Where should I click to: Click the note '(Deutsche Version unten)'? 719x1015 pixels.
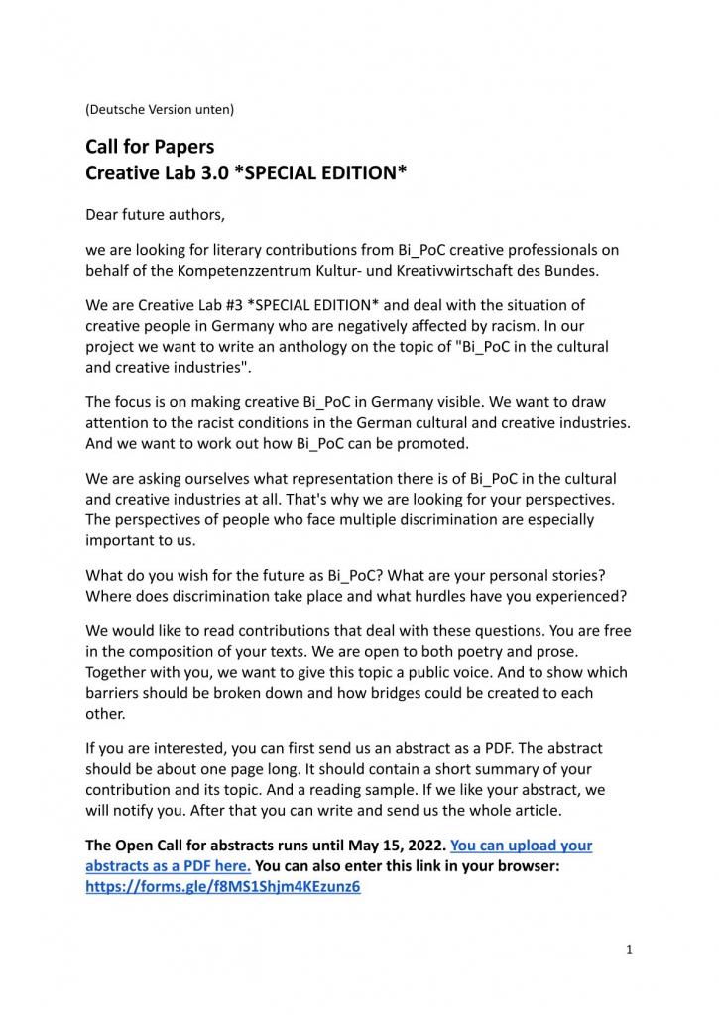pyautogui.click(x=160, y=109)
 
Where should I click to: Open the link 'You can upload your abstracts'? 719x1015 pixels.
pyautogui.click(x=521, y=846)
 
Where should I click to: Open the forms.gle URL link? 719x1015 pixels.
pyautogui.click(x=223, y=886)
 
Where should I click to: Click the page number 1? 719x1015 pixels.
pyautogui.click(x=629, y=949)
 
